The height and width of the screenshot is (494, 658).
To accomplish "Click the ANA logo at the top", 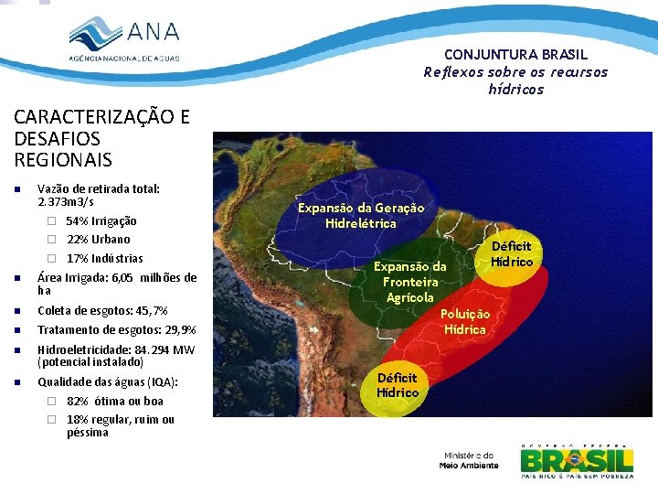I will tap(125, 38).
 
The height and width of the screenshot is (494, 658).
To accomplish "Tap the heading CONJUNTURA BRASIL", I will tap(516, 55).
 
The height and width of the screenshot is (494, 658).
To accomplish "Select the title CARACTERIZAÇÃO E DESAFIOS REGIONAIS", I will tap(101, 138).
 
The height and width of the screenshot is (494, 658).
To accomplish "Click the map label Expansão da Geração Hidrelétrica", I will tap(361, 216).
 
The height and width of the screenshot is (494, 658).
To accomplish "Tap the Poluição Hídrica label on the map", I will tap(465, 321).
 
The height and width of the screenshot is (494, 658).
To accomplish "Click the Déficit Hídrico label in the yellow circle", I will tap(512, 253).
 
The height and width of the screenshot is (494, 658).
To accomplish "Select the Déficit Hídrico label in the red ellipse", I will tap(398, 385).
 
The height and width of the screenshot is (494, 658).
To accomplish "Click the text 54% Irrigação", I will tap(101, 221).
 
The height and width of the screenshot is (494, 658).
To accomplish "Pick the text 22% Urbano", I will tap(98, 240).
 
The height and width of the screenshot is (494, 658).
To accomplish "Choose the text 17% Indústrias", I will tap(104, 258).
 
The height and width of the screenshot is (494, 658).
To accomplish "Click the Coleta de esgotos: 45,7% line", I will tap(102, 311).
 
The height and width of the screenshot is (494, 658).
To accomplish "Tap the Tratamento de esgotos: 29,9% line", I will tap(117, 329).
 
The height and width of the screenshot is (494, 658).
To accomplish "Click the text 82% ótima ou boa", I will tap(115, 402).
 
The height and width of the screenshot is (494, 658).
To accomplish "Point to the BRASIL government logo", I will tap(577, 461).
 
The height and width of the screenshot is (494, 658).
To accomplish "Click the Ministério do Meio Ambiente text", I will tap(469, 460).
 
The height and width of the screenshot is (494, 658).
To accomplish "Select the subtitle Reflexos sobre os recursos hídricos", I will tap(515, 81).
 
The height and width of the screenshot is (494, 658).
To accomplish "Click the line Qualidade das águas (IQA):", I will tap(108, 382).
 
